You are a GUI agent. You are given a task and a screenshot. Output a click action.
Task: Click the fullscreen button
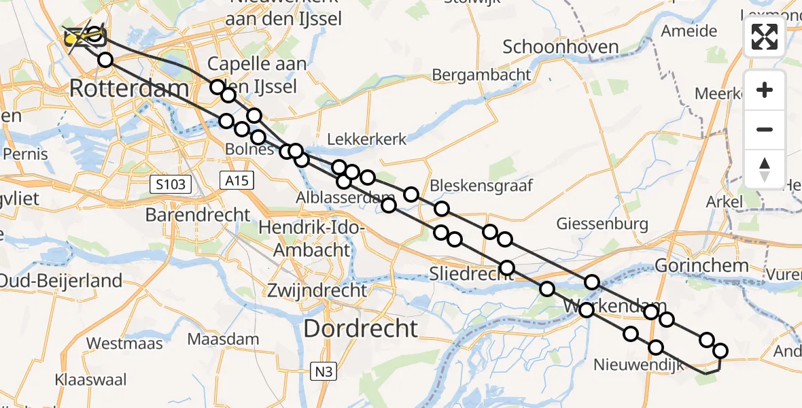(x=765, y=37)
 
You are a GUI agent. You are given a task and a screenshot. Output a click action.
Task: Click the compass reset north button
(x=765, y=169)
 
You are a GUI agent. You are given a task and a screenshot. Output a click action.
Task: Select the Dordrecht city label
(x=360, y=328)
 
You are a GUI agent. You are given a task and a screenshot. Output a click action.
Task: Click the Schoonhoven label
(x=561, y=47)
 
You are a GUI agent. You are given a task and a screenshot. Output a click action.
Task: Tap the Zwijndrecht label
(x=317, y=290)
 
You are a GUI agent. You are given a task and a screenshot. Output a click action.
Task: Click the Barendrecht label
(x=197, y=215)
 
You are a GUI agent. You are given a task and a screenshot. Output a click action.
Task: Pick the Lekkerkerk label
(x=366, y=139)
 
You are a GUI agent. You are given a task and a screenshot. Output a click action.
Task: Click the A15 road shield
(x=237, y=180)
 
